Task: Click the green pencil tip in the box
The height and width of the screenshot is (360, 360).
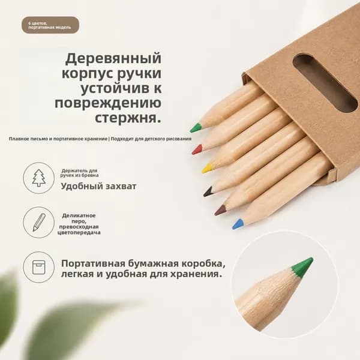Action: tap(196, 128)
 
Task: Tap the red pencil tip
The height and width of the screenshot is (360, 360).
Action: tap(197, 149)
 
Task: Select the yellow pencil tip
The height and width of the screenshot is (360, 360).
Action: tap(206, 168)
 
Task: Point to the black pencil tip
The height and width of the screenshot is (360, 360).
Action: tap(208, 192)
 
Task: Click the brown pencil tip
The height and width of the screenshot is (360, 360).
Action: tap(220, 210)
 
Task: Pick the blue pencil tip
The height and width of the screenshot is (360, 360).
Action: tap(238, 224)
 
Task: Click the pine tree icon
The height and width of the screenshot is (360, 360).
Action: tap(39, 178)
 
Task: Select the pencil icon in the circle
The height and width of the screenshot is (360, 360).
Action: tap(39, 222)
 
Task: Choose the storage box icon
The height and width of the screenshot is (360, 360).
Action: tap(39, 267)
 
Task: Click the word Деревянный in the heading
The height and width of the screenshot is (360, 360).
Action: tap(113, 59)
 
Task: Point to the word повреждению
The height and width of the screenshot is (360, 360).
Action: tap(108, 103)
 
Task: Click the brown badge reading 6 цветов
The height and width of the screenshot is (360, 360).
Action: tap(50, 25)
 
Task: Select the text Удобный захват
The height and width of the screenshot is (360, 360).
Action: tap(99, 186)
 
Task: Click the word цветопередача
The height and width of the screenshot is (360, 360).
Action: tap(79, 233)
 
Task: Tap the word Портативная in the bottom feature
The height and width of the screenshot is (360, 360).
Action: tap(94, 263)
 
